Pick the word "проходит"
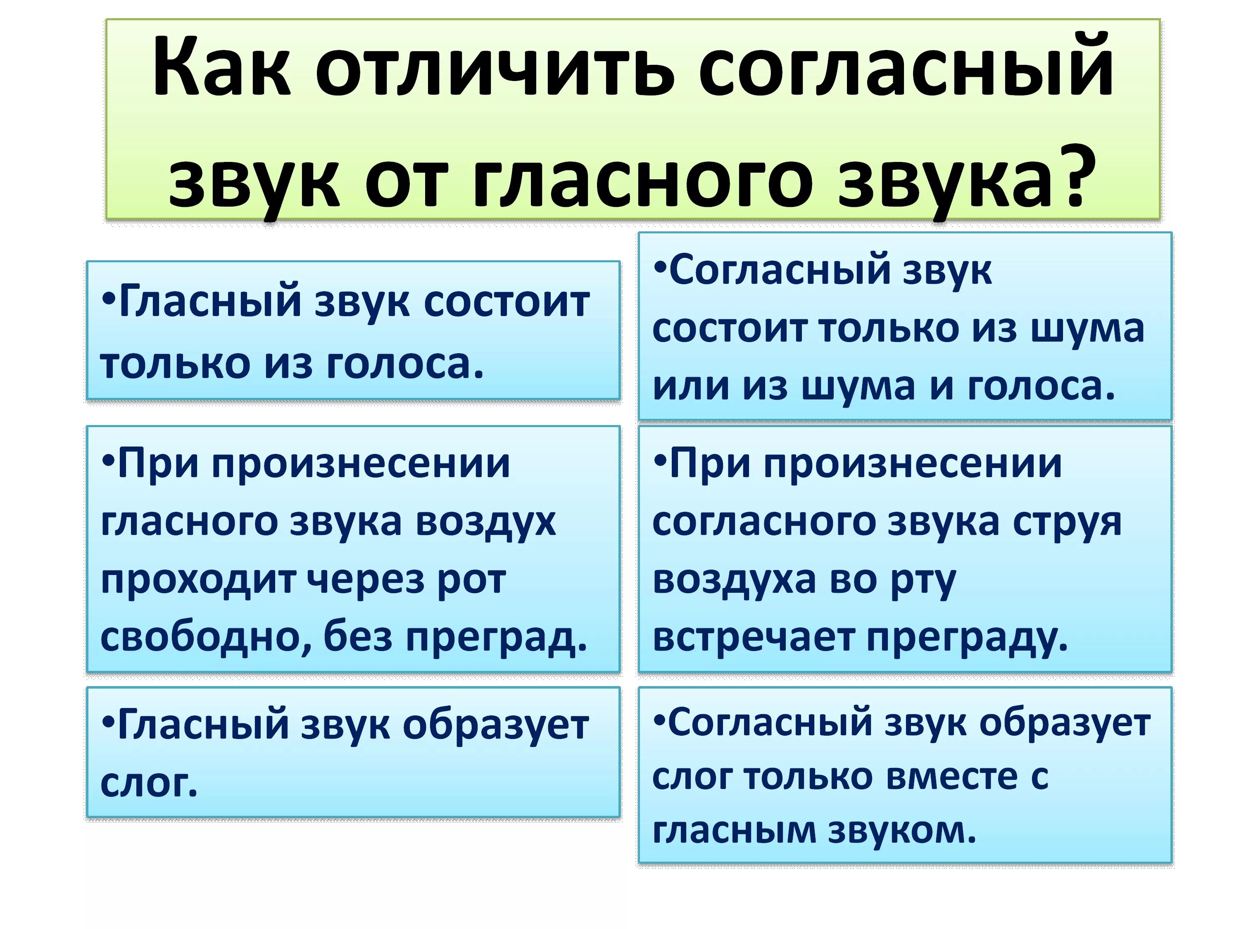tap(198, 581)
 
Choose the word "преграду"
tap(961, 638)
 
